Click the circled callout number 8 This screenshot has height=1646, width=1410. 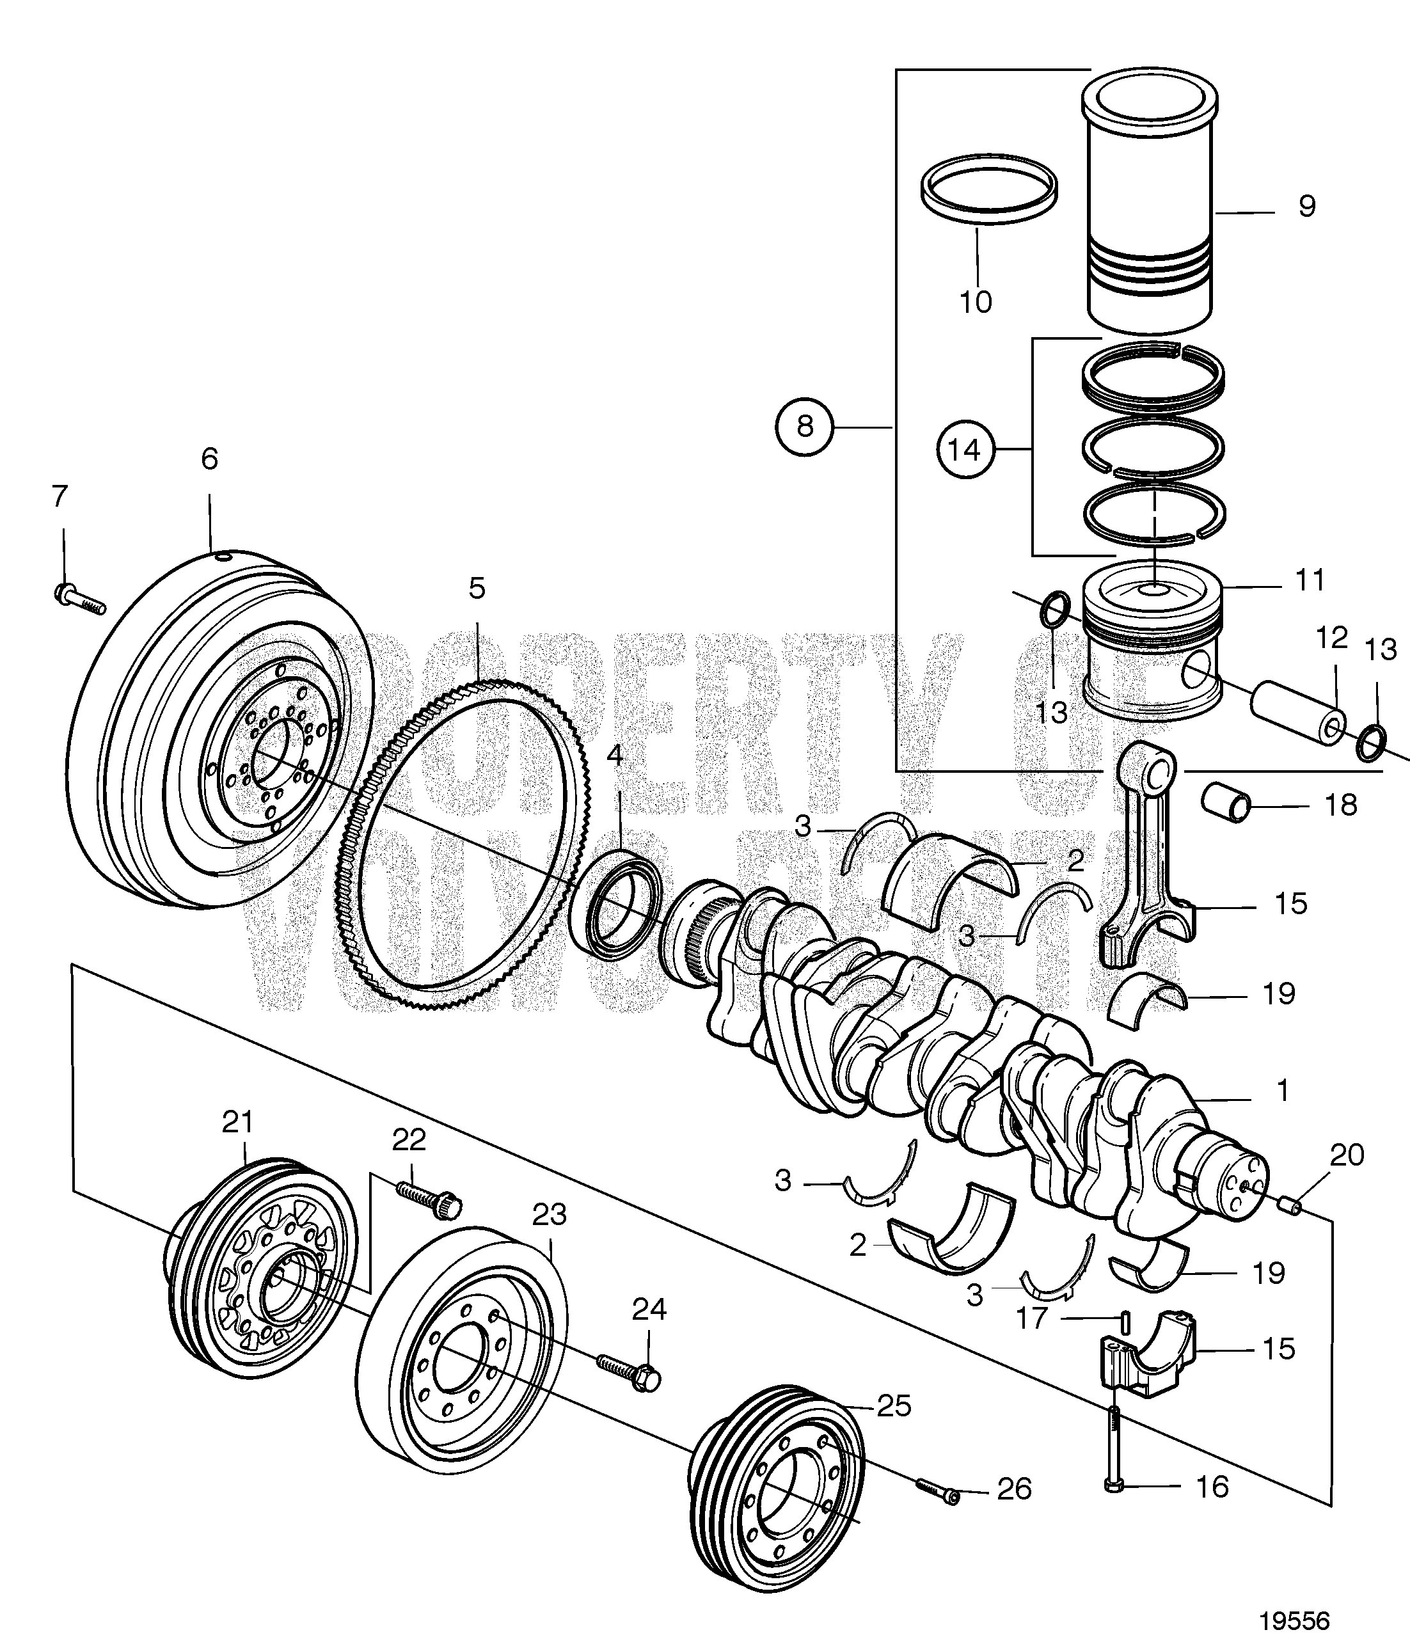point(805,427)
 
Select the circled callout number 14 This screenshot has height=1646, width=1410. point(963,450)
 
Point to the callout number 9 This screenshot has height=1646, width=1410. point(1307,207)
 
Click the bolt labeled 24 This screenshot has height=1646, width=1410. point(628,1372)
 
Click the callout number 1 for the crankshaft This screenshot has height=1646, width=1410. point(1281,1091)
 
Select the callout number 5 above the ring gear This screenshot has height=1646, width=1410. point(476,589)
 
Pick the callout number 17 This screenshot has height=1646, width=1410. point(1033,1318)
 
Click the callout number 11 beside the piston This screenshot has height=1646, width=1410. point(1309,581)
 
